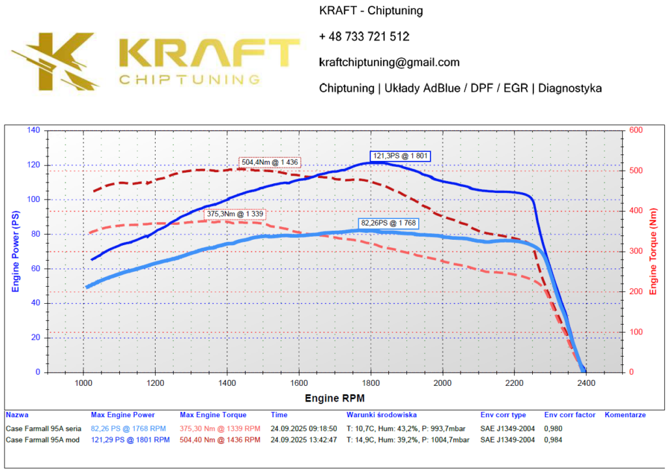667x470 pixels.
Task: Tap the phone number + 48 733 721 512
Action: [364, 37]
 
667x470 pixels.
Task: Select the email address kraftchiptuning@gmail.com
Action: [390, 63]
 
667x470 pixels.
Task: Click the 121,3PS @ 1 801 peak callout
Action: [401, 156]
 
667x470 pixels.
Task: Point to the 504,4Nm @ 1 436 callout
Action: [270, 162]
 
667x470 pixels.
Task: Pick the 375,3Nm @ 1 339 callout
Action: [235, 213]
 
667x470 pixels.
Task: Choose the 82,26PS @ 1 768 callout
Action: [389, 223]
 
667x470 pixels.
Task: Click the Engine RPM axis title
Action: [335, 398]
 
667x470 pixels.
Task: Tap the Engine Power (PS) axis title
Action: [16, 251]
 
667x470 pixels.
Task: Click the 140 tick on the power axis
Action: [33, 130]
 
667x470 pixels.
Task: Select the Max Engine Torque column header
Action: [213, 415]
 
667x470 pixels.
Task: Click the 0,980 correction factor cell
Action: [553, 428]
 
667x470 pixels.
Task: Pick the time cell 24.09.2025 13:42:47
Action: [303, 440]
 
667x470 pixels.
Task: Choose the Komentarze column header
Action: [625, 415]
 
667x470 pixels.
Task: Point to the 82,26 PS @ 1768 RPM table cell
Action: [128, 428]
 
